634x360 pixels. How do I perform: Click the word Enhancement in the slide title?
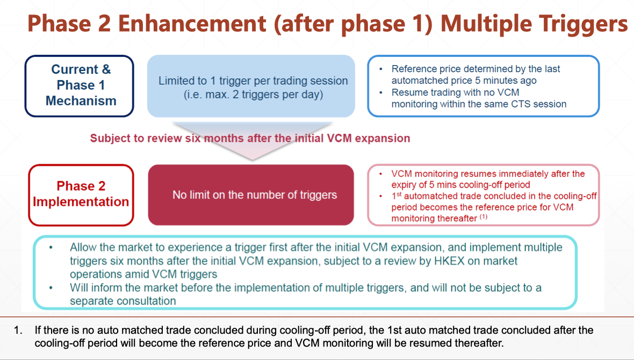tap(192, 23)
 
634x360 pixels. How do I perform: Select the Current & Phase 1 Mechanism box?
tap(80, 86)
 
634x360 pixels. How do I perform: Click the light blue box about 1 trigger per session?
tap(251, 86)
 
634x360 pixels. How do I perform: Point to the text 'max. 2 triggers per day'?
tap(264, 95)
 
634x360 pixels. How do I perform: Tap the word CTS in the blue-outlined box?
tap(521, 104)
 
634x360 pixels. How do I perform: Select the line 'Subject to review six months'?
tap(250, 138)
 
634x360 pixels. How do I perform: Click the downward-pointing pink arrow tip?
tap(253, 160)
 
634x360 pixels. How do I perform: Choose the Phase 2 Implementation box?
tap(81, 195)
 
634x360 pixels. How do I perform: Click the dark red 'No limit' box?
tap(251, 195)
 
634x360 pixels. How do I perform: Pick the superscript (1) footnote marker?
tap(484, 217)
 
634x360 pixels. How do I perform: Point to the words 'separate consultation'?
tap(123, 301)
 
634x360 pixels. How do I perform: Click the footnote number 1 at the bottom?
tap(18, 330)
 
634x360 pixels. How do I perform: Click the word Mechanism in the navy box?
tap(81, 100)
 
